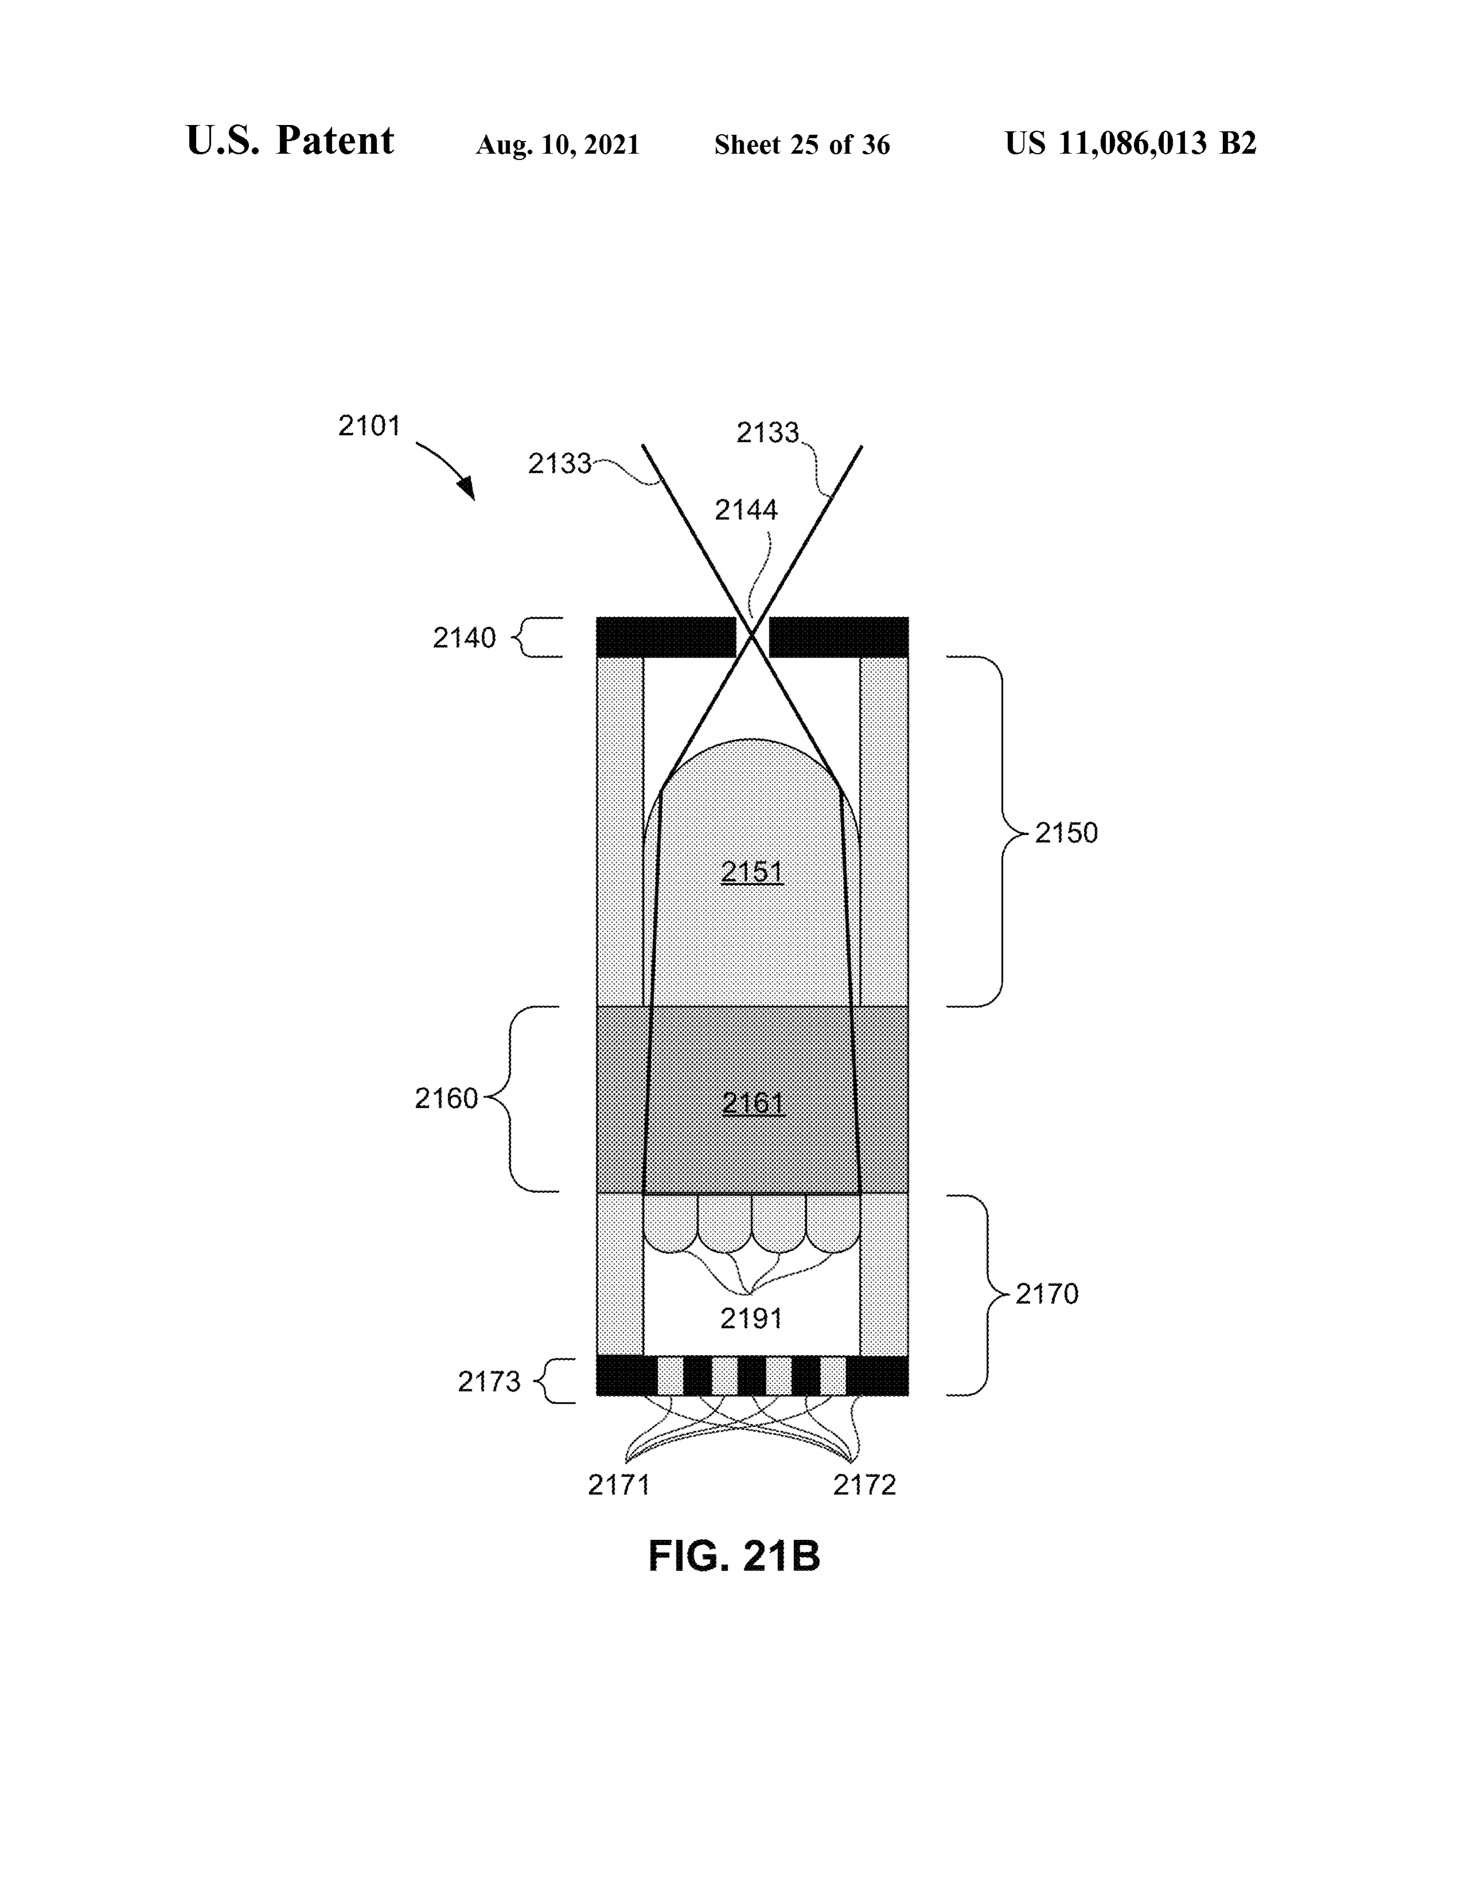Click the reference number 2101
(x=369, y=426)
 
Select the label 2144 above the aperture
(x=746, y=510)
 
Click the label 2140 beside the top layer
(x=464, y=639)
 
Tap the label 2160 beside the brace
(x=446, y=1099)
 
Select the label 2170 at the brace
(x=1047, y=1294)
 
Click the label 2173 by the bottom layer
(x=490, y=1382)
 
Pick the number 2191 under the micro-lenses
(x=752, y=1319)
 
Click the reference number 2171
(x=619, y=1486)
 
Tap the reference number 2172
(x=865, y=1486)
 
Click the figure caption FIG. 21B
(x=734, y=1557)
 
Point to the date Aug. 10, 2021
(x=558, y=144)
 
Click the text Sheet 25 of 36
(x=802, y=144)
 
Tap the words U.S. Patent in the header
(x=290, y=140)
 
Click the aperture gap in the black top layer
(x=752, y=637)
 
